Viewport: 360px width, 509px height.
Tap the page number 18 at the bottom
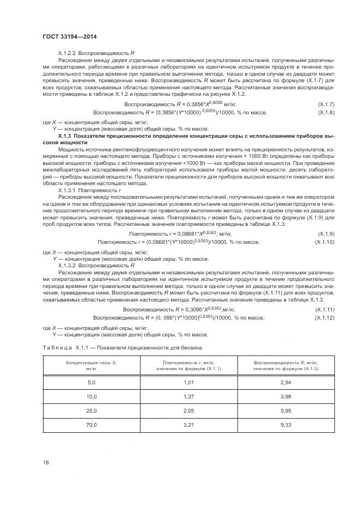(46, 462)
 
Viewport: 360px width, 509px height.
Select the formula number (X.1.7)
(325, 103)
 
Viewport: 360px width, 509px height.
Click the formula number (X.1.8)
(325, 112)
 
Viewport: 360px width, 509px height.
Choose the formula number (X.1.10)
(324, 242)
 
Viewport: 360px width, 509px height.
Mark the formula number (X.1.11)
(324, 309)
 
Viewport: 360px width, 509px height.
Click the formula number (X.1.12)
(324, 317)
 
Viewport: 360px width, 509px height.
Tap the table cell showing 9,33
(285, 424)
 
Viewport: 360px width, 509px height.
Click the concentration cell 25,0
(91, 410)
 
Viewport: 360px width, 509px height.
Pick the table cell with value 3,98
(285, 397)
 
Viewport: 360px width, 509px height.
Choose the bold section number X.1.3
(65, 136)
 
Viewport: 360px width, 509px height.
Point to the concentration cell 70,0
(91, 424)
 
